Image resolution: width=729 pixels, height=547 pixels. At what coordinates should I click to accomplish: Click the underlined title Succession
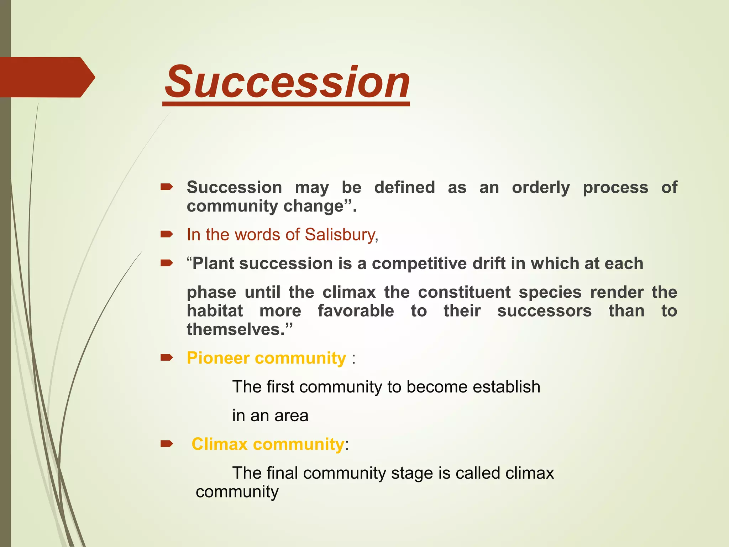(287, 83)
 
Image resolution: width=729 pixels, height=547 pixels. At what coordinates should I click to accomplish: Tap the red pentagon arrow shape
(46, 77)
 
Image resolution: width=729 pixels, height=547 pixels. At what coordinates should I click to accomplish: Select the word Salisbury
(340, 235)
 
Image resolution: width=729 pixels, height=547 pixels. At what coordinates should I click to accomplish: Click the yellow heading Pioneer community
(266, 358)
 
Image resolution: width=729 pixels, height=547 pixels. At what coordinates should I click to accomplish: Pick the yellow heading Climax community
(268, 444)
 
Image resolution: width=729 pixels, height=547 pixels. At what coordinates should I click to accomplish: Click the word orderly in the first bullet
(541, 188)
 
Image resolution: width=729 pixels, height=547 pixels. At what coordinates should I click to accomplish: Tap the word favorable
(356, 311)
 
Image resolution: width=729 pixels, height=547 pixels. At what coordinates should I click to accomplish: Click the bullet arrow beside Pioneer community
(167, 357)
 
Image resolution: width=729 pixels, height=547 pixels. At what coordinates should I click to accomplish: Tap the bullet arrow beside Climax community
(167, 444)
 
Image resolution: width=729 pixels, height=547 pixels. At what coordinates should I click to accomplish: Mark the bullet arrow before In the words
(167, 234)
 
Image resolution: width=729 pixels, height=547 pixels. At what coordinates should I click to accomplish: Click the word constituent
(464, 292)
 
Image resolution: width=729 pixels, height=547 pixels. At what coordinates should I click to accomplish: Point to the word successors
(544, 311)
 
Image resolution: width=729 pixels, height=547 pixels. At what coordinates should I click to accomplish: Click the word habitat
(215, 311)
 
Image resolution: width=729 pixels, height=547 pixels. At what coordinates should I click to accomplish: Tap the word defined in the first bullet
(404, 187)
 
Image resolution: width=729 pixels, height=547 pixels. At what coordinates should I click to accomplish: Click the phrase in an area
(270, 416)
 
